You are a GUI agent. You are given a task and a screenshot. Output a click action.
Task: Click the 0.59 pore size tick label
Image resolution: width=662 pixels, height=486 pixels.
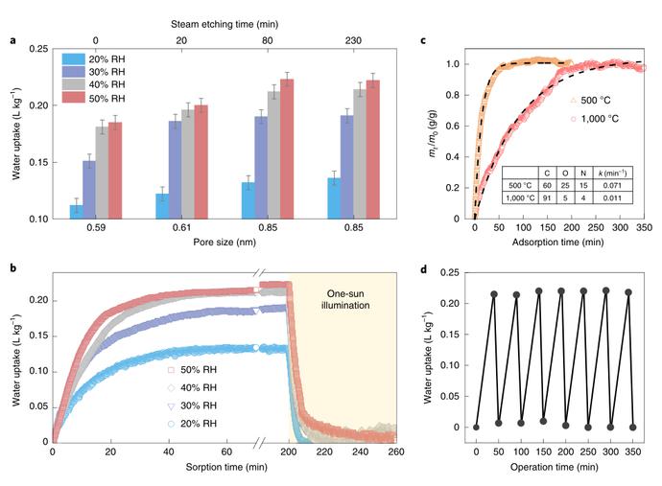pos(96,228)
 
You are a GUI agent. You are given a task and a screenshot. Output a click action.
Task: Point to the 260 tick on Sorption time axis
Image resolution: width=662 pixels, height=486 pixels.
pos(394,453)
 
